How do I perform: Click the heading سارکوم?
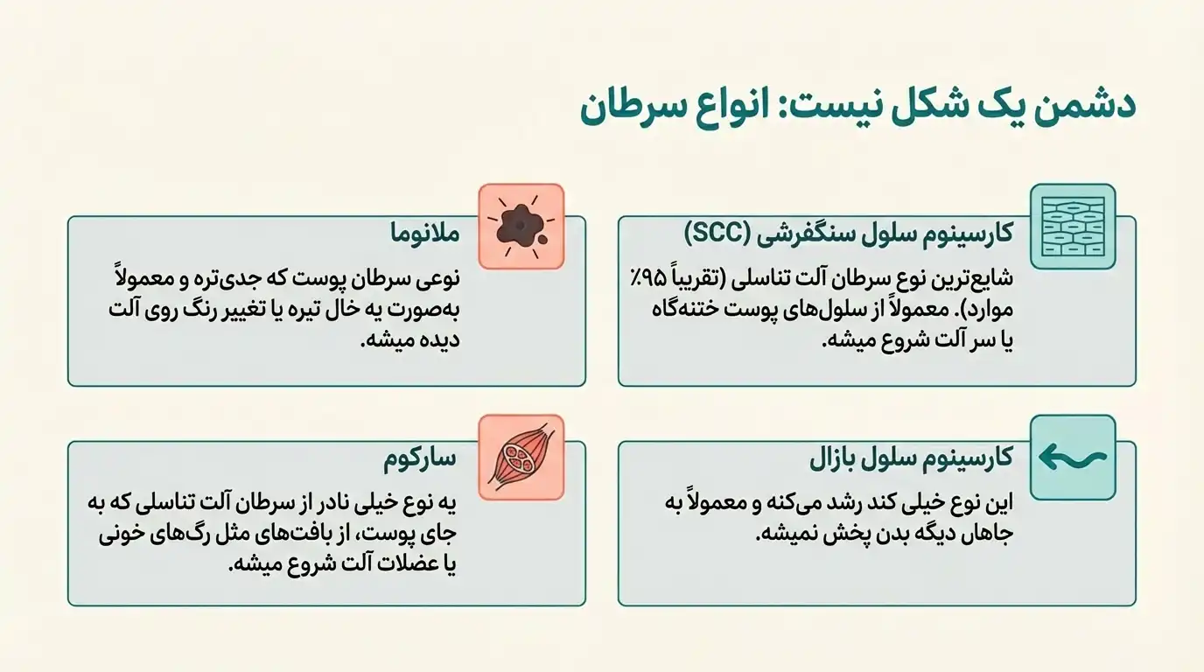421,458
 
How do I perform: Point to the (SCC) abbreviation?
717,234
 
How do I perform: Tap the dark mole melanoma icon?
521,226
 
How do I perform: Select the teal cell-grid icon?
1073,226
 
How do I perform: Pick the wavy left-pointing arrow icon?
1073,458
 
